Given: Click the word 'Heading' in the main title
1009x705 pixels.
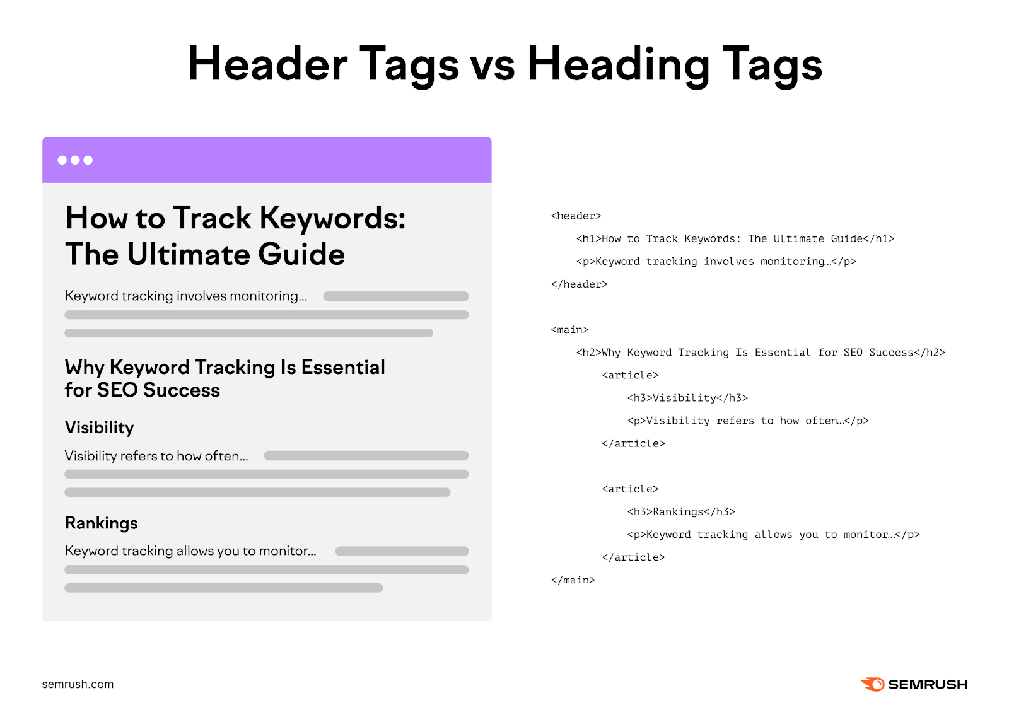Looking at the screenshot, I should pos(618,64).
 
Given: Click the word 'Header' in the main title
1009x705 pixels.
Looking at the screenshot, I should pos(267,64).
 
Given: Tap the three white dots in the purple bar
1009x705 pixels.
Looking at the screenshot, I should pos(75,160).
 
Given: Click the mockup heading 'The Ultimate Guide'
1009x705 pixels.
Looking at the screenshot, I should pos(205,255).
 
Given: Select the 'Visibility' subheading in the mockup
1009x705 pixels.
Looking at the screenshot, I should pos(99,428).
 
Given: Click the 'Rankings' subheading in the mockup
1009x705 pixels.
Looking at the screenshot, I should pos(101,523).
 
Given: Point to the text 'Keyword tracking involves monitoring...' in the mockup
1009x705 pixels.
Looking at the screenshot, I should pos(186,296).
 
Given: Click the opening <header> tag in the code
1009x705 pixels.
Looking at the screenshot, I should pos(576,216).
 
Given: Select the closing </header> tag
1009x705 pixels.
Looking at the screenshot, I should pos(579,284).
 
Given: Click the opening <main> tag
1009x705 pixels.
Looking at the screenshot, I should pos(569,330).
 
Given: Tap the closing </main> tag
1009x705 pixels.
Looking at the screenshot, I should pos(573,580).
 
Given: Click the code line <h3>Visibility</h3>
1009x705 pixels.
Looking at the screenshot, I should pos(687,398).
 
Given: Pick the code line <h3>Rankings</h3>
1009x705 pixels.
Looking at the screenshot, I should pos(680,512).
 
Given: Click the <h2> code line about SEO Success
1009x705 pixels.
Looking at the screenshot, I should pos(760,352).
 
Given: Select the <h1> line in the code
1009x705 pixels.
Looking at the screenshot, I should pos(735,239).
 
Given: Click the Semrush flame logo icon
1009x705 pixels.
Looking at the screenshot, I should pos(873,684).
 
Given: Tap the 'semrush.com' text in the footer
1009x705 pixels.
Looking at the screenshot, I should pos(78,684).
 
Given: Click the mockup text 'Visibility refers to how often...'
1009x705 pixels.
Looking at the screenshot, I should pos(156,456).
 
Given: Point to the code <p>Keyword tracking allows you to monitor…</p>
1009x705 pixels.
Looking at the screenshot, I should pos(773,535).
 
